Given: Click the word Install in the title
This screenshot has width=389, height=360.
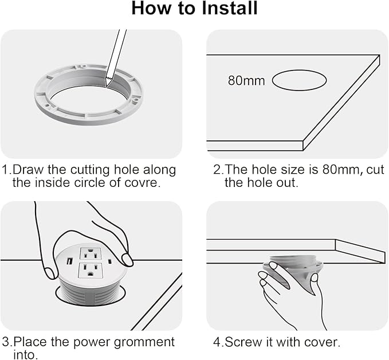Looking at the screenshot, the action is click(230, 8).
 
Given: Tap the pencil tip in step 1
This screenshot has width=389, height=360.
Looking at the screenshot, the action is click(107, 87).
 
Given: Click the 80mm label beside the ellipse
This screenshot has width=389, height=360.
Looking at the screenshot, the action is click(246, 80).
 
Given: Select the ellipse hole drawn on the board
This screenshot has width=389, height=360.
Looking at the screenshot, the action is click(299, 80).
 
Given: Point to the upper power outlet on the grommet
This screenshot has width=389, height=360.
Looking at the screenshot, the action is click(90, 253).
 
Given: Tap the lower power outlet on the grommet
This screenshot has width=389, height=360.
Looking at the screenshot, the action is click(91, 271).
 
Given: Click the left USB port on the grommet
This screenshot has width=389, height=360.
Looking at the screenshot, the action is click(69, 261).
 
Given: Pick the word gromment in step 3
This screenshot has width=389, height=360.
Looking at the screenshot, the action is click(144, 343).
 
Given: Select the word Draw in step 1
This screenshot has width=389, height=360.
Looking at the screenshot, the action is click(28, 170).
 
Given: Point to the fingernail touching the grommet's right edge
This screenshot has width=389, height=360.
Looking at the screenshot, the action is click(127, 260).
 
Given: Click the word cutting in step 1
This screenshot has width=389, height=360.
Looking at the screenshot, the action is click(90, 170).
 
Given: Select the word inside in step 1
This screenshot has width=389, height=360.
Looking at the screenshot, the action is click(52, 183).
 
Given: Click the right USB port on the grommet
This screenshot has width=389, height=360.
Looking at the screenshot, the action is click(109, 261).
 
